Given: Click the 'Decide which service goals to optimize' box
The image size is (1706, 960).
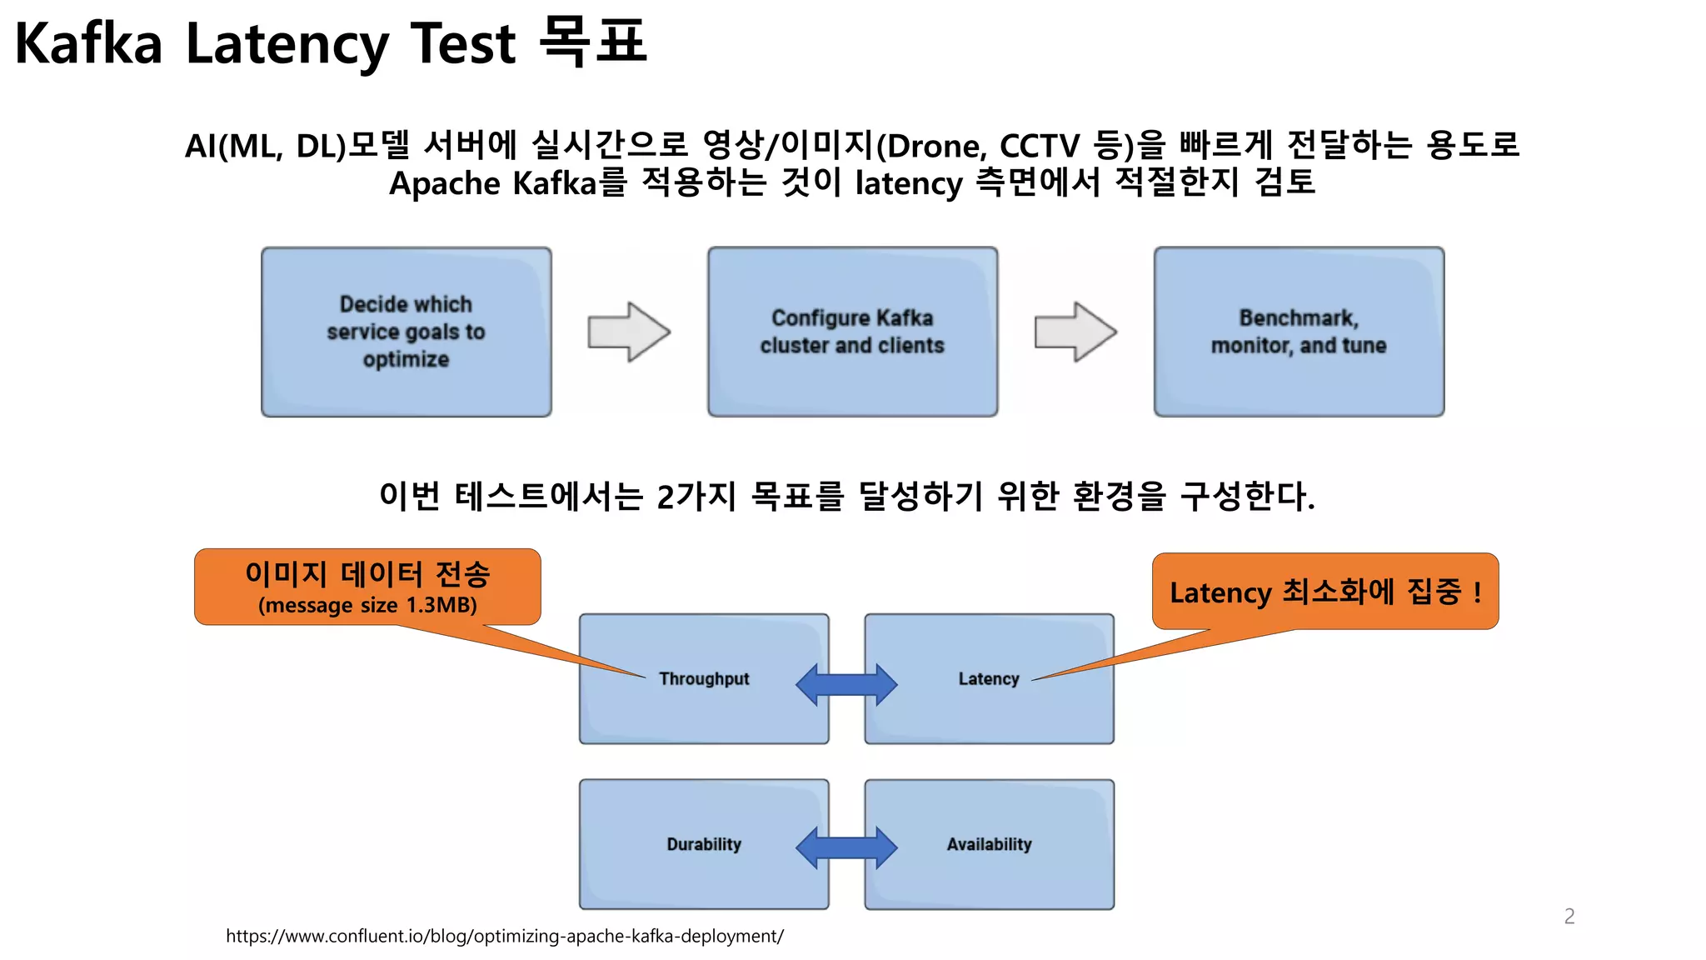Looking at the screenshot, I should pos(406,332).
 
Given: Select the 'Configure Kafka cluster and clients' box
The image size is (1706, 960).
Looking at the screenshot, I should pos(852,332).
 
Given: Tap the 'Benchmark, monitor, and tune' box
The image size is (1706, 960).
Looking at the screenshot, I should pos(1299,332).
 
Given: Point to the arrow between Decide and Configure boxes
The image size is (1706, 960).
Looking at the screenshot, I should pos(629,332).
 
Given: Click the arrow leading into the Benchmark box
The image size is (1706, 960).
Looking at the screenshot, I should pos(1075,332).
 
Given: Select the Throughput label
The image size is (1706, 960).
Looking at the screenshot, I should pos(704,679).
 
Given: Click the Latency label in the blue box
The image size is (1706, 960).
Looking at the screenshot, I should pos(989,679).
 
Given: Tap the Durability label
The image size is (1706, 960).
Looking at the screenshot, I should pos(704,844).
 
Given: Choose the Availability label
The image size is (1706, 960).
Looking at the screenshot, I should pos(989,844).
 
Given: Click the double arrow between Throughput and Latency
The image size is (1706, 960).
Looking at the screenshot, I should pos(846,684).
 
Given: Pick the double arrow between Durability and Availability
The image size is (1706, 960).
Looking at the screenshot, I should pos(846,848).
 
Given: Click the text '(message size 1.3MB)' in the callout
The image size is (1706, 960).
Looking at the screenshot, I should pos(367,605).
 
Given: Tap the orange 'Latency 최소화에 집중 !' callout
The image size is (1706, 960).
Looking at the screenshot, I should pos(1325,592).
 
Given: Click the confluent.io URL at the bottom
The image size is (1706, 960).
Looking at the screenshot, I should pos(505,936).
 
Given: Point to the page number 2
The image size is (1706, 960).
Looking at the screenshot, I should pos(1569,917).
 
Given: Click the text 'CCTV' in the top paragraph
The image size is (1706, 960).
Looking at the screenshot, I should pos(1039,147).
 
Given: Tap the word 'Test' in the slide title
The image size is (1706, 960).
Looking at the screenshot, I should pos(463,43).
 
